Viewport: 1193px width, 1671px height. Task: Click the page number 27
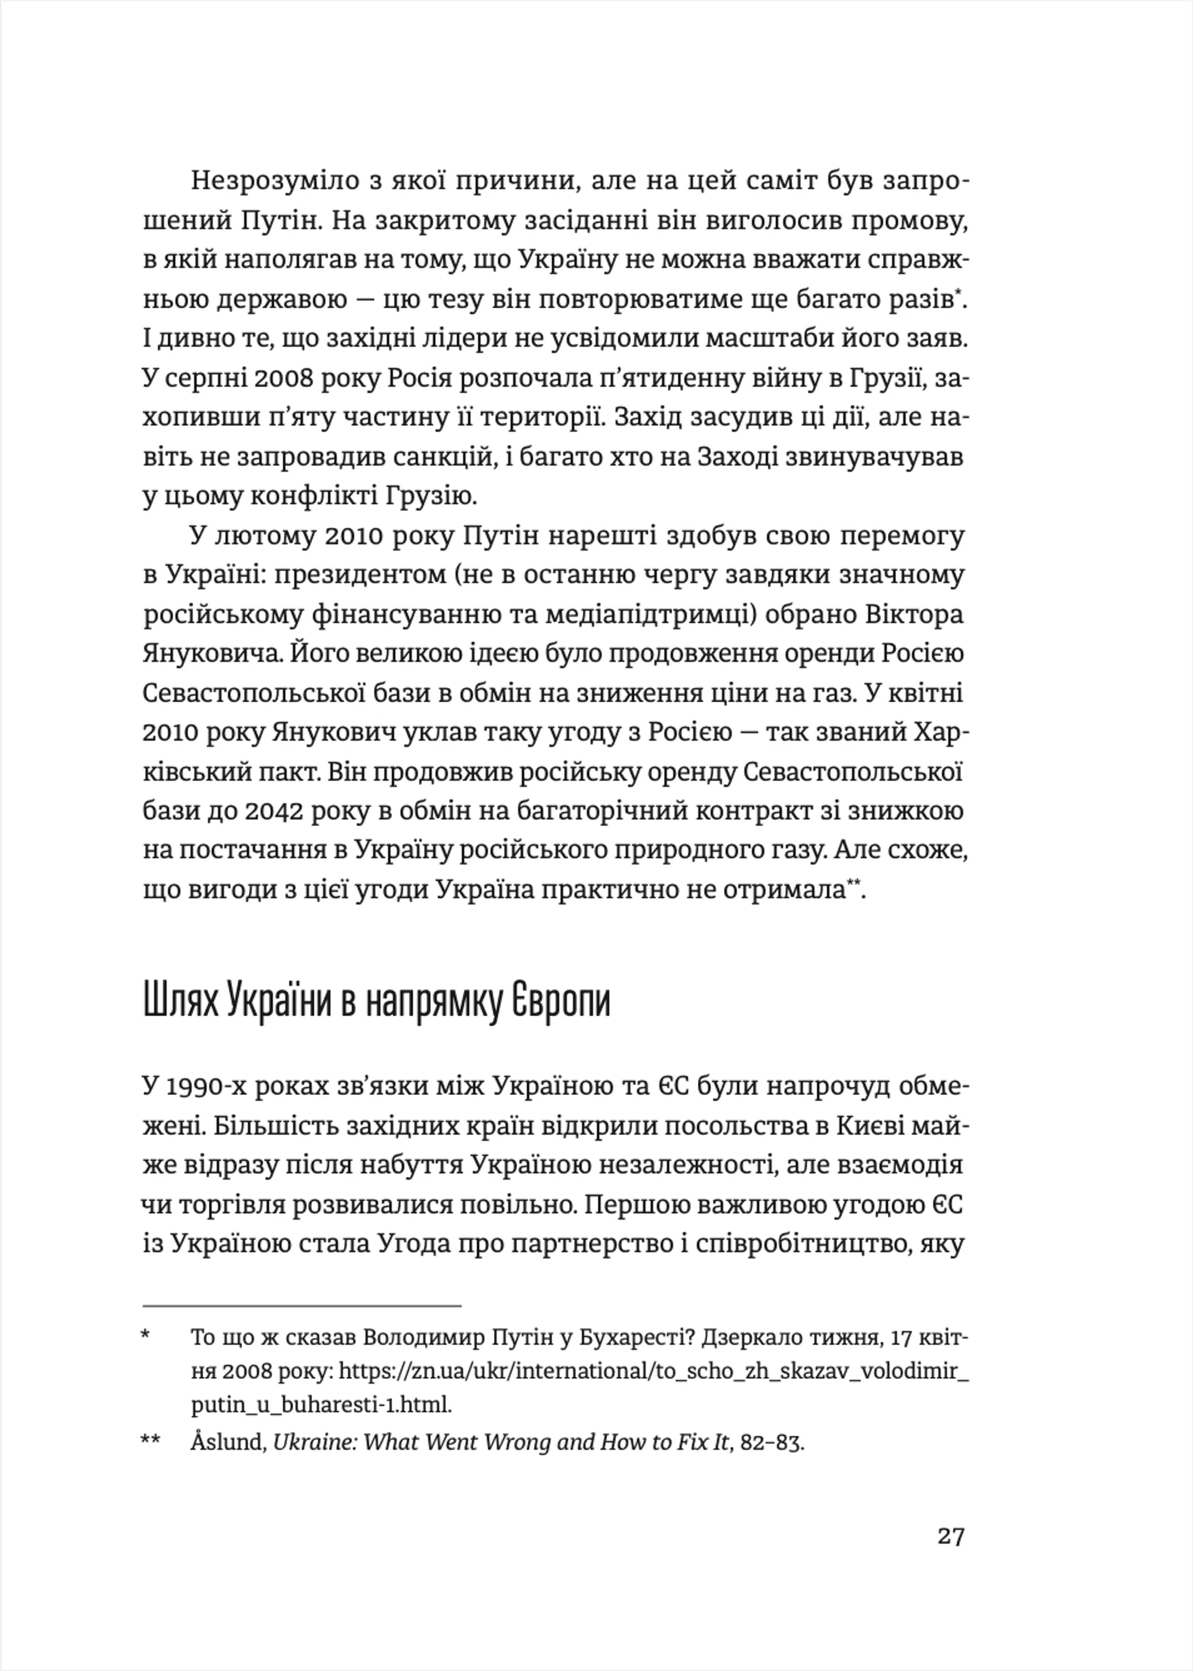[x=950, y=1536]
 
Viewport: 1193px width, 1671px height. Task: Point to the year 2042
[x=273, y=811]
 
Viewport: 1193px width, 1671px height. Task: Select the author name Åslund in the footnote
[x=227, y=1442]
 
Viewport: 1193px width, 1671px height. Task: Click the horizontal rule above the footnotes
[x=301, y=1305]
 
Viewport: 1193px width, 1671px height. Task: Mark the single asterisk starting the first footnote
[x=145, y=1336]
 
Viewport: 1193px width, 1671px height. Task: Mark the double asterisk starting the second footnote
[x=150, y=1441]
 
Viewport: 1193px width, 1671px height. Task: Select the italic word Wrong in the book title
[x=519, y=1442]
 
